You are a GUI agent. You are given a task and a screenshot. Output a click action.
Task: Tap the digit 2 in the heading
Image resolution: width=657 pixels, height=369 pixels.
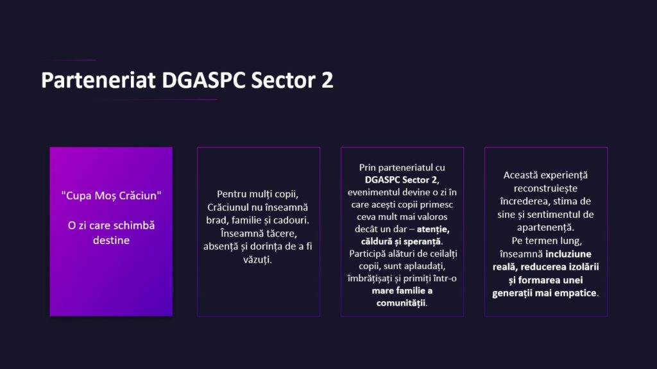click(x=327, y=81)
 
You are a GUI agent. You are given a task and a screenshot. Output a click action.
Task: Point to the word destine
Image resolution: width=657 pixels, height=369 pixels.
click(x=111, y=240)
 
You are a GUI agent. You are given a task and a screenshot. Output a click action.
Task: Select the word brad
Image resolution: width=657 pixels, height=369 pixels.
click(x=218, y=220)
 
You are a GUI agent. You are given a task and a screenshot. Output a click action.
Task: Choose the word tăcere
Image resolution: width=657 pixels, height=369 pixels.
click(x=278, y=233)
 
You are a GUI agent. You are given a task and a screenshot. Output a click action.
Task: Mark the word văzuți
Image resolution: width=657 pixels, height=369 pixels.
click(x=259, y=260)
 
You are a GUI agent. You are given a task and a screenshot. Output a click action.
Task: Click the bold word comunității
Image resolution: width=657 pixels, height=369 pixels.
click(x=402, y=302)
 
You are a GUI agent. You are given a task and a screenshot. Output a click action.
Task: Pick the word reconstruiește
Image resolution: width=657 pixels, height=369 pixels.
click(x=546, y=188)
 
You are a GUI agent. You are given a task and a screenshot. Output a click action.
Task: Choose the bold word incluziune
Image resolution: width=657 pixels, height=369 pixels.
click(x=568, y=254)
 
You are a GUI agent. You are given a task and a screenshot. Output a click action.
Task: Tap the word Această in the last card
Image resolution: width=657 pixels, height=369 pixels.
click(x=521, y=174)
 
